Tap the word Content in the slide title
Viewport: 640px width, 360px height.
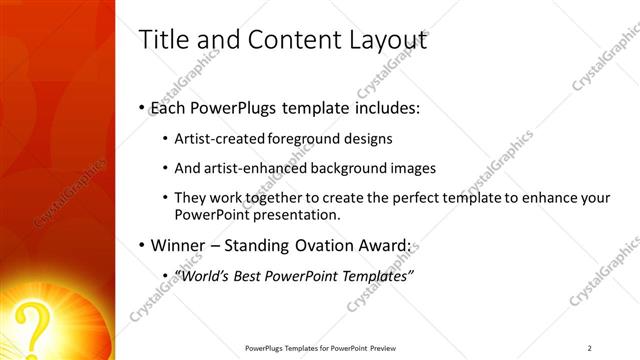click(285, 41)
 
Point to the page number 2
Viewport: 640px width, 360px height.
click(589, 348)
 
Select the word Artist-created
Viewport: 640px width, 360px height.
click(214, 139)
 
